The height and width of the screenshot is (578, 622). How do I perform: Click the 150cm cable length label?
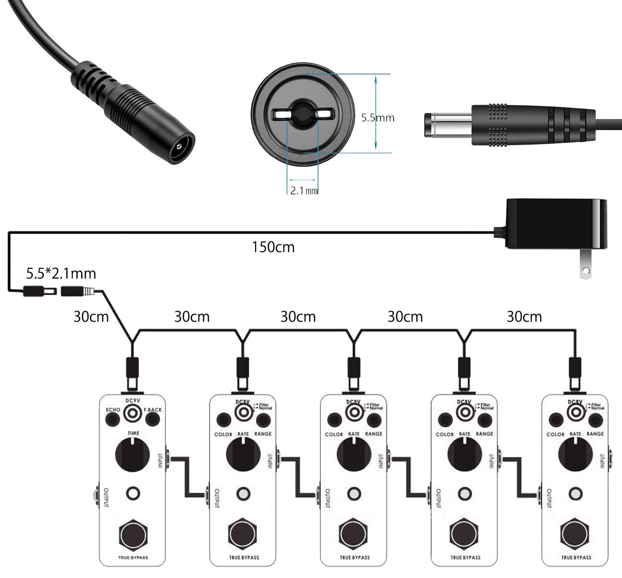click(x=273, y=247)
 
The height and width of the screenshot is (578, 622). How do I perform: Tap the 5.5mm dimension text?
click(x=378, y=118)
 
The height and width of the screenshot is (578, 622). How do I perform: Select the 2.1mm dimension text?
click(x=304, y=191)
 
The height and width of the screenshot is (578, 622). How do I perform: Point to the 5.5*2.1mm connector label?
click(x=61, y=274)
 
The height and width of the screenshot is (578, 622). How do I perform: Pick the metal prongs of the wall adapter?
click(x=585, y=268)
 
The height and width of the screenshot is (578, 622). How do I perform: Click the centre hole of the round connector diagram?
click(x=303, y=114)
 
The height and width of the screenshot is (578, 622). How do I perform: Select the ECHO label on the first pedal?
click(x=113, y=410)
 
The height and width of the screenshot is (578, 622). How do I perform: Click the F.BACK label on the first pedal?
click(x=153, y=410)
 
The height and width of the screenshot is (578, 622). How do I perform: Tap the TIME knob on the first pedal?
click(x=133, y=454)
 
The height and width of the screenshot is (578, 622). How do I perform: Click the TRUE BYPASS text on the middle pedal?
click(x=354, y=557)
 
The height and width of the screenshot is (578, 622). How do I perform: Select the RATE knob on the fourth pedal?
click(x=464, y=454)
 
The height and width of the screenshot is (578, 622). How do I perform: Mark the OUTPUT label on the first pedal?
click(x=106, y=498)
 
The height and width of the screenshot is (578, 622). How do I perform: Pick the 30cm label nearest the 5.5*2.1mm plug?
click(x=91, y=317)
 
